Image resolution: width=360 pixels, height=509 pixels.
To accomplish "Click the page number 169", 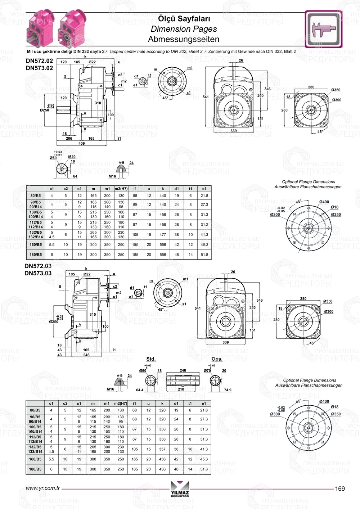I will pos(339,488).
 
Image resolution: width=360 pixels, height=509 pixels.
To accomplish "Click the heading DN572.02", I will pos(39,61).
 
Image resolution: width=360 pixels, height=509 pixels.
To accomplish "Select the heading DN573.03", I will pos(38,273).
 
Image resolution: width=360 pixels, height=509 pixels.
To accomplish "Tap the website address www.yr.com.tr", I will pos(43,488).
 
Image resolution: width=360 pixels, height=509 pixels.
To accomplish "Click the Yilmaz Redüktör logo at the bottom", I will pos(180,490).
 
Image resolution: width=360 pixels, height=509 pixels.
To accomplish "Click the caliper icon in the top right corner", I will pos(324,29).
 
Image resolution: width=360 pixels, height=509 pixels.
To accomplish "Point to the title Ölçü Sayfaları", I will pos(184,19).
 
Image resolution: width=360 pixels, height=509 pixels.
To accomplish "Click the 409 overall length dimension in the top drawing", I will pos(82,143).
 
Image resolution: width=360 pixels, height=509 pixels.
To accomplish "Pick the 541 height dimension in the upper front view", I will pos(206,97).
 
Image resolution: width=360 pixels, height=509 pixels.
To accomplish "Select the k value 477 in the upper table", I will pos(163,234).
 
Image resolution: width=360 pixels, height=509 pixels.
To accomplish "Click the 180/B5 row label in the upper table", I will pos(36,254).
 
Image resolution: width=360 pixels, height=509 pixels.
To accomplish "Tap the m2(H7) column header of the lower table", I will pos(121,404).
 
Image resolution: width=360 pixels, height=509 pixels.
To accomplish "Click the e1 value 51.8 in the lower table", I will pos(204,469).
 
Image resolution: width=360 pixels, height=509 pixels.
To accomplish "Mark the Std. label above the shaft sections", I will pos(151,359).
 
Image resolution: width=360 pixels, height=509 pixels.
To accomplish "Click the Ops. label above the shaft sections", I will pos(217,359).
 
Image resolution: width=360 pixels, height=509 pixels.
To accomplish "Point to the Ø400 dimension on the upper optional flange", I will pos(324,202).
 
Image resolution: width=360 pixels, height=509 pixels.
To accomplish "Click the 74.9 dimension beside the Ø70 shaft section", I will pos(228,390).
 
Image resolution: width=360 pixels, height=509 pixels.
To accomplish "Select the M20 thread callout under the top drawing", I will pos(72,157).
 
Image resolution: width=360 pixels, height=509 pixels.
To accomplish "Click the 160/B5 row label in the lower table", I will pos(35,459).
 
